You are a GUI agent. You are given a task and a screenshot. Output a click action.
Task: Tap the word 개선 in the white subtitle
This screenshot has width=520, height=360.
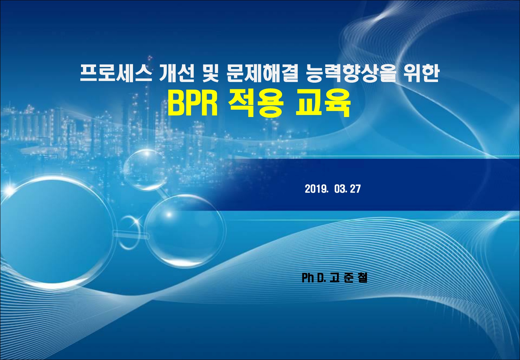tap(177, 73)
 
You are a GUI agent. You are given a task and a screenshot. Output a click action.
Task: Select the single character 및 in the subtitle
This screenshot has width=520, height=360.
tap(211, 73)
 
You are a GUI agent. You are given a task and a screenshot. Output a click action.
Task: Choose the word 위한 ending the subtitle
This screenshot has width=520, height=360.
tap(421, 73)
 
